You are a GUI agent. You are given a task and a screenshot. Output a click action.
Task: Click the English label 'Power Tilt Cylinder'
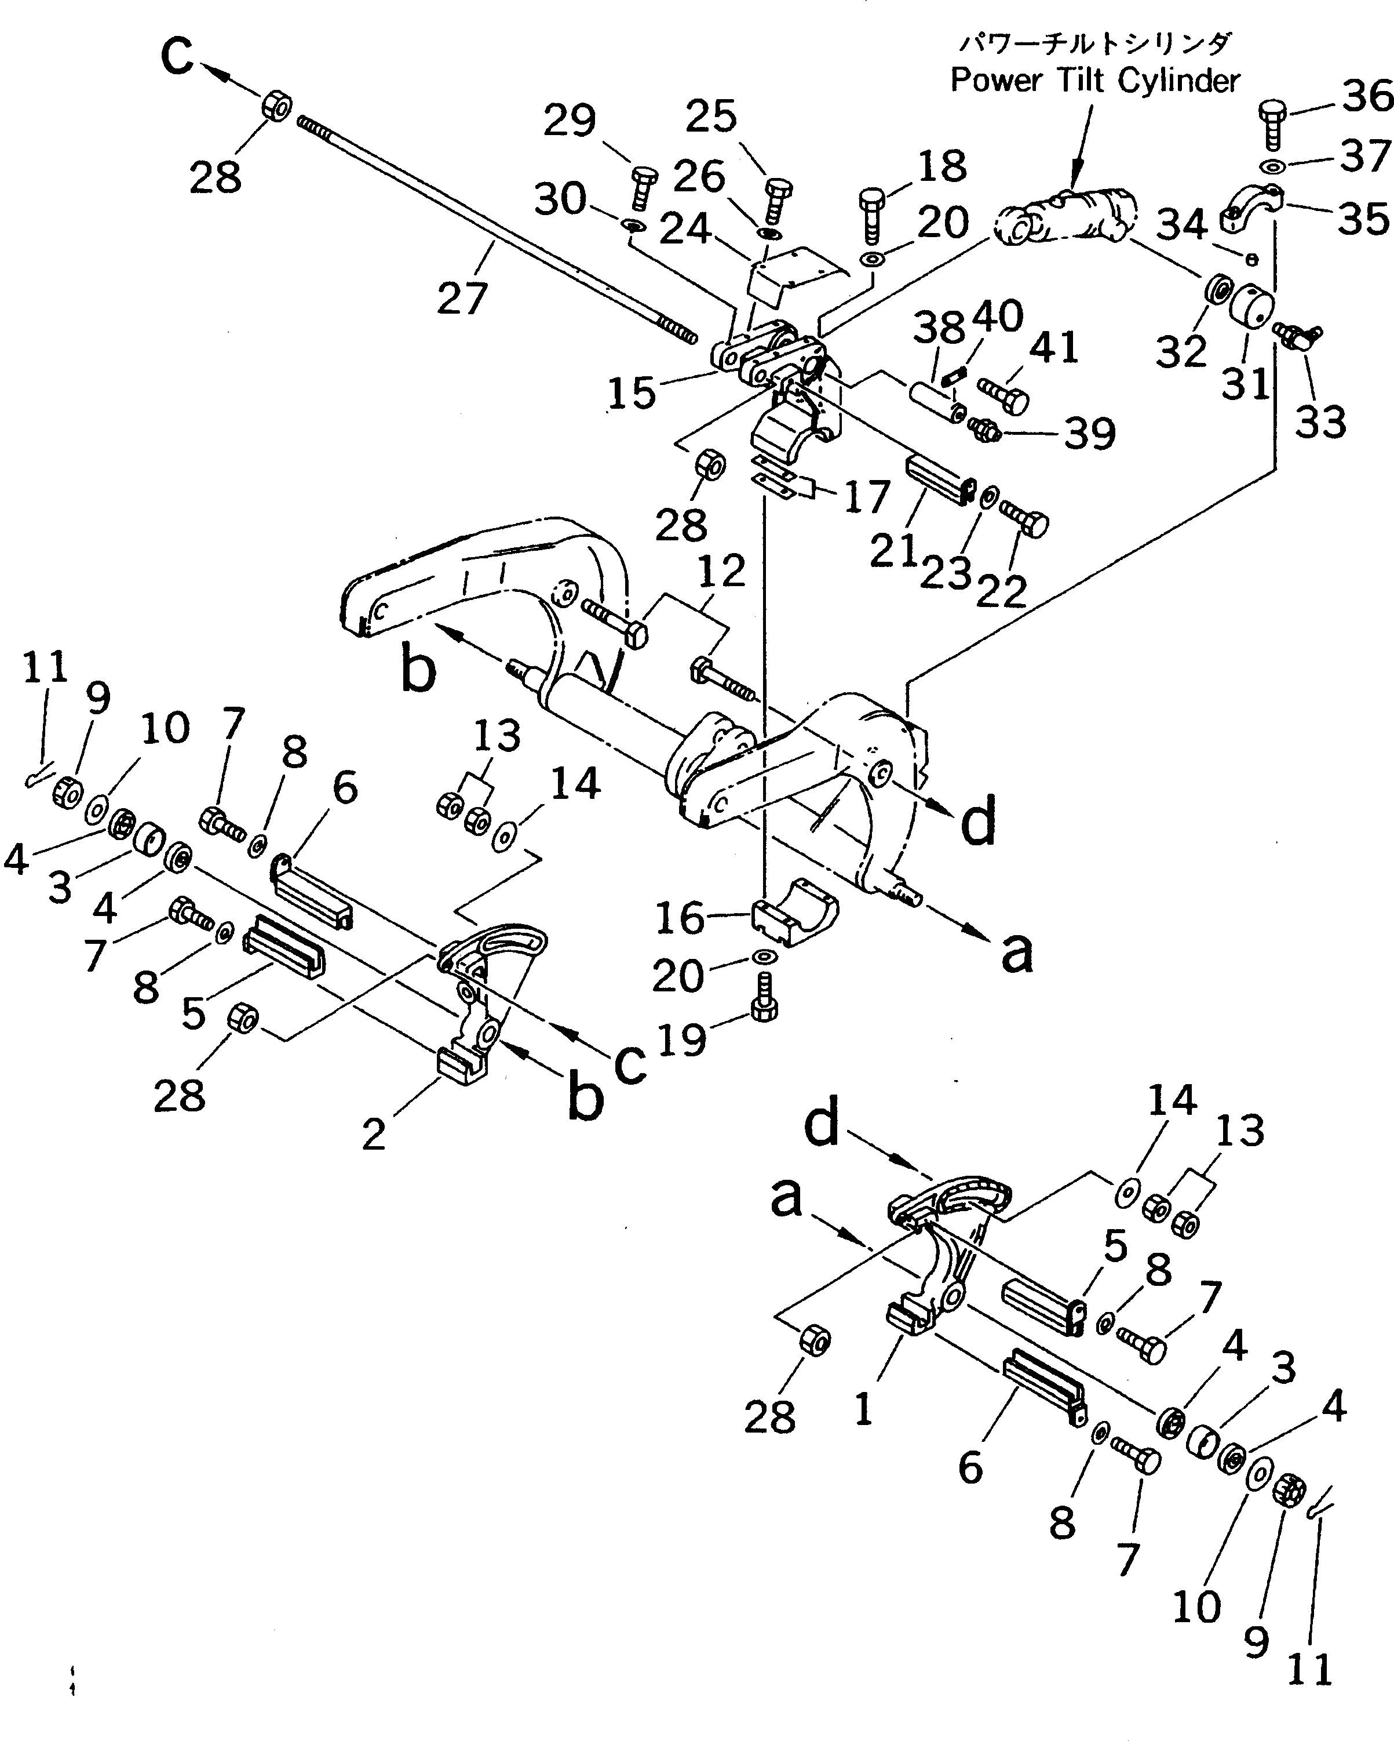tap(1094, 81)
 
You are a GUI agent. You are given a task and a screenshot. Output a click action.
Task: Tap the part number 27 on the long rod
tap(462, 298)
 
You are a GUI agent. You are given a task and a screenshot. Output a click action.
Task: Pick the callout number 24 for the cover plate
tap(685, 230)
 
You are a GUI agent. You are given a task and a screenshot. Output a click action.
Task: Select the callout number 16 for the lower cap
tap(680, 918)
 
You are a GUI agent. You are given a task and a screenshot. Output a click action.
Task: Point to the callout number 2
tap(373, 1135)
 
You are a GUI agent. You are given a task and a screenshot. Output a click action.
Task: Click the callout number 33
tap(1320, 421)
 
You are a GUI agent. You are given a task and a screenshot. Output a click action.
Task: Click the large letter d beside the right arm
tap(979, 823)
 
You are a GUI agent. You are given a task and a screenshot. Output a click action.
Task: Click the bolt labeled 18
tap(873, 212)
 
